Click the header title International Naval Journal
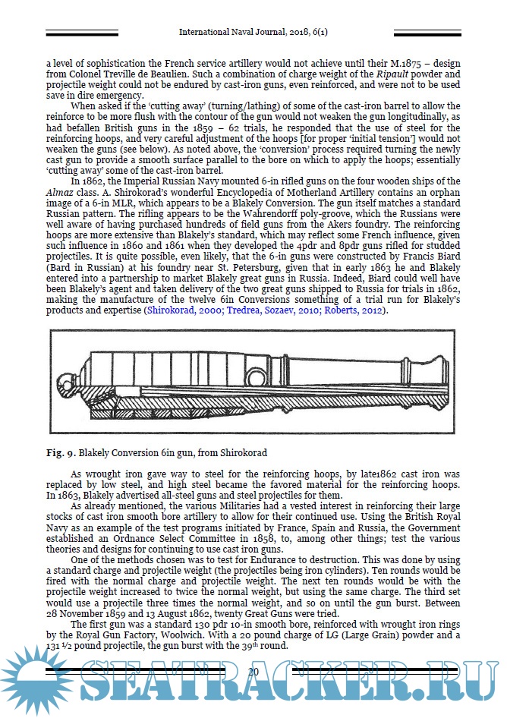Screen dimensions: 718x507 (x=252, y=33)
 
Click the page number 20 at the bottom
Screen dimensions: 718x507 (x=253, y=672)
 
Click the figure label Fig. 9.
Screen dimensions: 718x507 (x=58, y=453)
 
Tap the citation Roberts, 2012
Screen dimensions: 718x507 (x=354, y=311)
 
